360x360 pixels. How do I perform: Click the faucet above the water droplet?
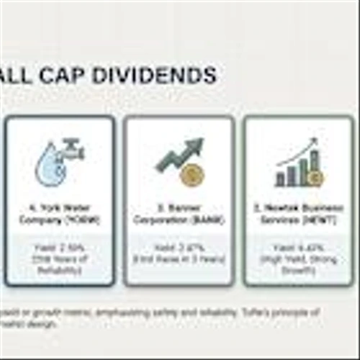click(x=71, y=149)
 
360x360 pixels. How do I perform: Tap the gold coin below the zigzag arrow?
click(x=191, y=175)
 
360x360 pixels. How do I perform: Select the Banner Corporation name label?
click(x=179, y=215)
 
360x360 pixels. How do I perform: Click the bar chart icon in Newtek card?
click(x=294, y=173)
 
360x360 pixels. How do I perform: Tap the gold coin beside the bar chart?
click(x=315, y=177)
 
